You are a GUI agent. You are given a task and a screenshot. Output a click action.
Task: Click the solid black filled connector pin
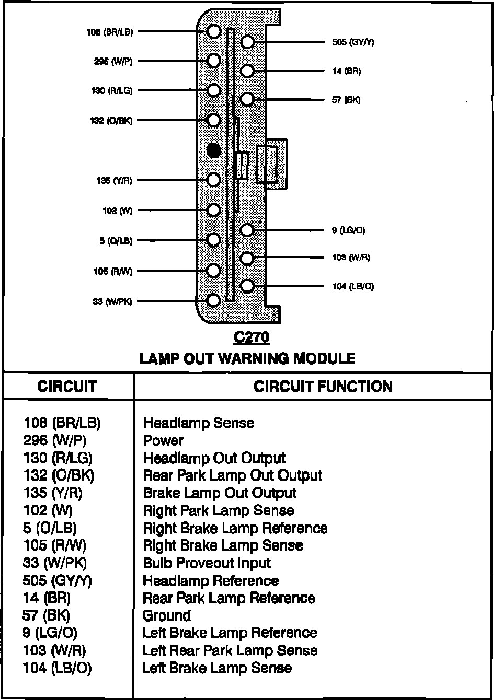tap(213, 150)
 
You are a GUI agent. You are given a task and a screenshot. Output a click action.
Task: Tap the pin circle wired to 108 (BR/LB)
tap(213, 31)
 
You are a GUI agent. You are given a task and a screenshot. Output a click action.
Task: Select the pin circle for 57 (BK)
tap(247, 99)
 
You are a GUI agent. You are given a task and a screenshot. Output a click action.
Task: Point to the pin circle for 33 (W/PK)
tap(213, 300)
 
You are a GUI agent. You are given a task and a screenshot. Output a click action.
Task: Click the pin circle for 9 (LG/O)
tap(247, 230)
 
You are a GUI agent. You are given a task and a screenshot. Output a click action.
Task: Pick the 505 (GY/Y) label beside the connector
tap(353, 42)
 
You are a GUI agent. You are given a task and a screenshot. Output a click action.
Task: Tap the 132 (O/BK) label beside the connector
tap(111, 121)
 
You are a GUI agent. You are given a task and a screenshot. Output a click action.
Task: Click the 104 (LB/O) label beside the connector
tap(353, 286)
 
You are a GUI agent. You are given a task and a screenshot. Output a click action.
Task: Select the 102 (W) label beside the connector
tap(117, 211)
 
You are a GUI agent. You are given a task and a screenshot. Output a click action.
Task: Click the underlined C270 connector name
tap(252, 337)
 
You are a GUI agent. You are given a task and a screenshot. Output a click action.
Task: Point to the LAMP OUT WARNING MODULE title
tap(247, 358)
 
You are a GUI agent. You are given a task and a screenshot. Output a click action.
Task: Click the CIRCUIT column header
tap(67, 387)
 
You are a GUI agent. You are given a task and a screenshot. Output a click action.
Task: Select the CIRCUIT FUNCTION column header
tap(323, 387)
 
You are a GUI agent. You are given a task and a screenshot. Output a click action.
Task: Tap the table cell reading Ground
tap(167, 615)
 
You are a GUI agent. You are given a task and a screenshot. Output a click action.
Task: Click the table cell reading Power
tap(163, 440)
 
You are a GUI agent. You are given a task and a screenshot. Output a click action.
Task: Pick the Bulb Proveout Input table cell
tap(207, 563)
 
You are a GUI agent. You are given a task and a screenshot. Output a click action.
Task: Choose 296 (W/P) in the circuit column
tap(55, 440)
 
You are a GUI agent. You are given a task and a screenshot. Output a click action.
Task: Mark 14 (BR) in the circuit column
tap(47, 598)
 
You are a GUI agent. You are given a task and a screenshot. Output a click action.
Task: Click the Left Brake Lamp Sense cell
tap(217, 668)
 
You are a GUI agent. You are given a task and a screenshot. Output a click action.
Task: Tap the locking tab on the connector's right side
tap(272, 164)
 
